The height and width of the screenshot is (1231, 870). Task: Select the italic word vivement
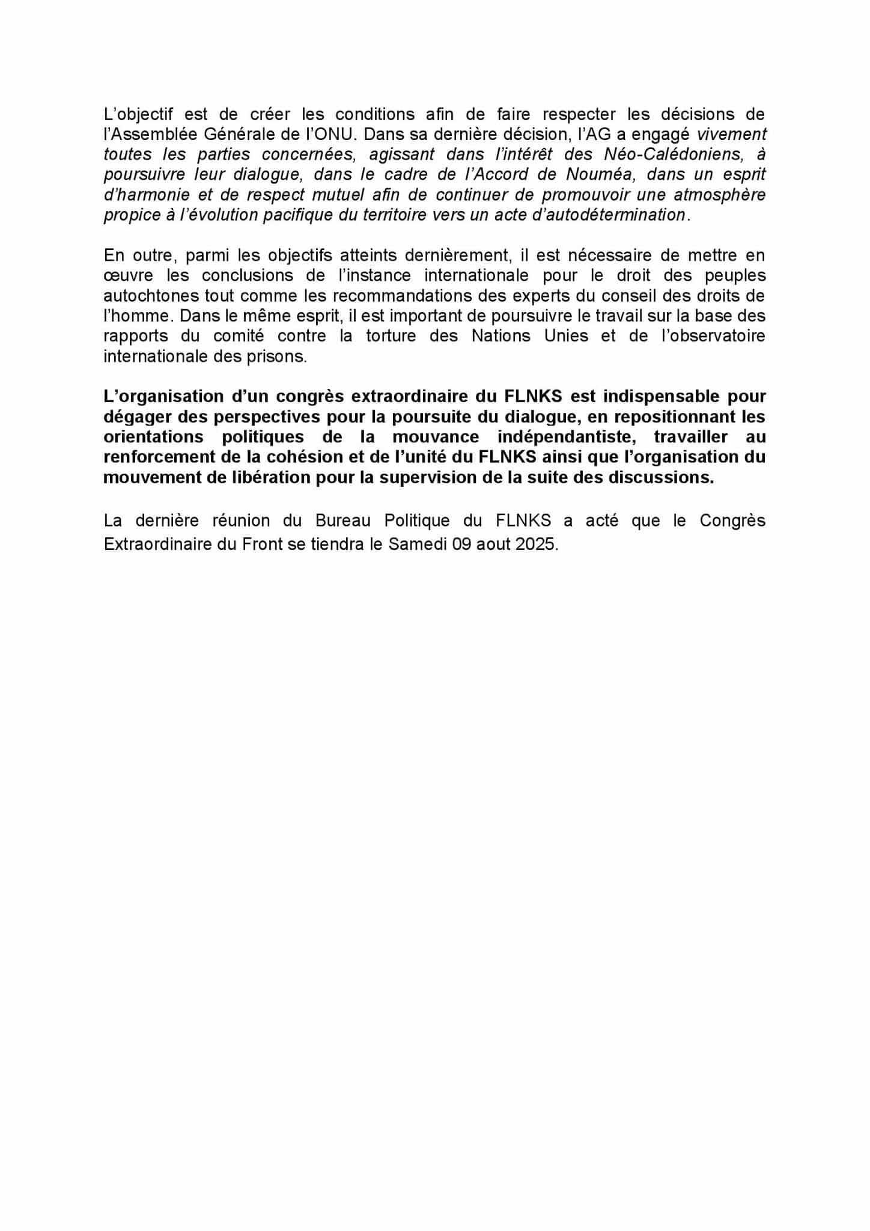731,133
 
